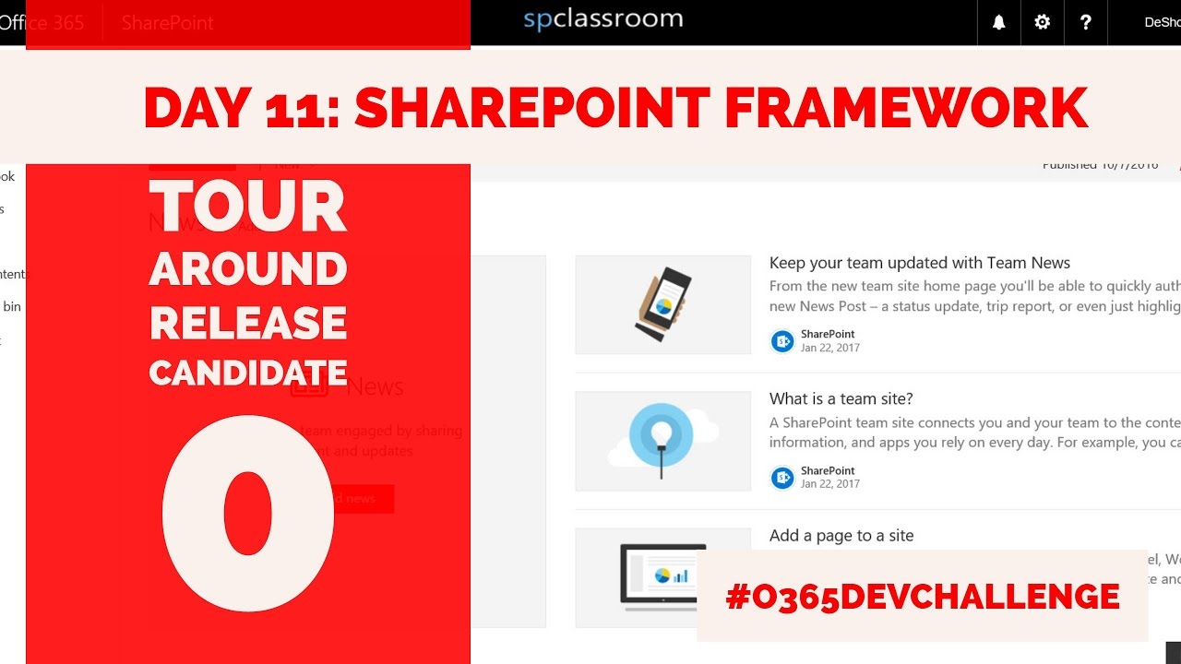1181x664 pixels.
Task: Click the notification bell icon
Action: (998, 22)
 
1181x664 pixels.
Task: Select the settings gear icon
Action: (1042, 22)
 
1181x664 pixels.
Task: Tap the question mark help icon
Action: (1085, 22)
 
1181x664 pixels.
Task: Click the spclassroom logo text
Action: (602, 18)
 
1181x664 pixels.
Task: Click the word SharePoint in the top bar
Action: (167, 23)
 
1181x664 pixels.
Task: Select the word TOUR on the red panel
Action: (247, 207)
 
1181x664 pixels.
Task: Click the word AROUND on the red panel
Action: (247, 269)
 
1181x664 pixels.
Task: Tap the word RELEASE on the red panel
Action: (247, 323)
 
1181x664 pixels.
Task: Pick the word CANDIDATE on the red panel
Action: (247, 373)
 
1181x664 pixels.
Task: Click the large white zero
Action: (247, 513)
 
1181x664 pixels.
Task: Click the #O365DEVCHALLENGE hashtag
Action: (922, 597)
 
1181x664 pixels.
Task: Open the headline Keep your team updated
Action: (919, 263)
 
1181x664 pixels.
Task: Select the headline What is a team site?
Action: (841, 398)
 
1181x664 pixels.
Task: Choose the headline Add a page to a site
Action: (841, 535)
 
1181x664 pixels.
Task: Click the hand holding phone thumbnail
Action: (662, 304)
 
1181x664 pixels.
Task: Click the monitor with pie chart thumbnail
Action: (662, 576)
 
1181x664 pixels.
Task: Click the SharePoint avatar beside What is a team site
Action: (782, 478)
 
